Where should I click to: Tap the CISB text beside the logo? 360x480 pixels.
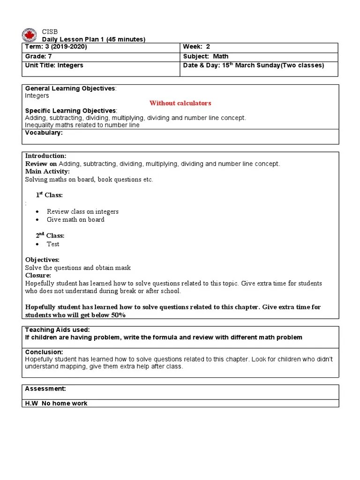(x=50, y=32)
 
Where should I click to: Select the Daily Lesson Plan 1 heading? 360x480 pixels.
(x=94, y=39)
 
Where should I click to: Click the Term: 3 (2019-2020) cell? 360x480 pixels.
(x=56, y=47)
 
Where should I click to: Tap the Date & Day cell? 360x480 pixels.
(x=253, y=65)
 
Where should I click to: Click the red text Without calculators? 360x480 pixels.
(x=180, y=103)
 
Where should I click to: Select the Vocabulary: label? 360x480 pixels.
(x=44, y=133)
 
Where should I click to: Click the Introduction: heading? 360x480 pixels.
(x=45, y=156)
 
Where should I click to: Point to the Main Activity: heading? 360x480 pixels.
(x=47, y=172)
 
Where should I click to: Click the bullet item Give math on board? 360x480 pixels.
(x=75, y=219)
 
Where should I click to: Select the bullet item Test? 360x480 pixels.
(x=53, y=244)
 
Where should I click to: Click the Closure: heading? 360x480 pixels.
(x=38, y=276)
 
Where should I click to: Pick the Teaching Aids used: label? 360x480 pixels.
(x=57, y=330)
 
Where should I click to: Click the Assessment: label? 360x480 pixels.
(x=45, y=389)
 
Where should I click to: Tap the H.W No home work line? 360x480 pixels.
(x=56, y=403)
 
